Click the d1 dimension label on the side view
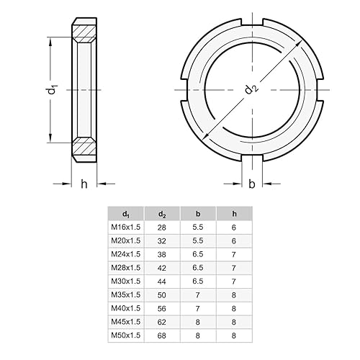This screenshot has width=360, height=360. click(x=51, y=89)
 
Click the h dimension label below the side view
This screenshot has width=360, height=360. click(x=84, y=184)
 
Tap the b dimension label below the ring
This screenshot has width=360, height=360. click(x=251, y=184)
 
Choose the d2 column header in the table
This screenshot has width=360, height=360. click(x=163, y=213)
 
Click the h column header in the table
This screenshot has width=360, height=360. click(x=233, y=213)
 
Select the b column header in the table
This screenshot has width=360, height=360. click(x=198, y=213)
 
